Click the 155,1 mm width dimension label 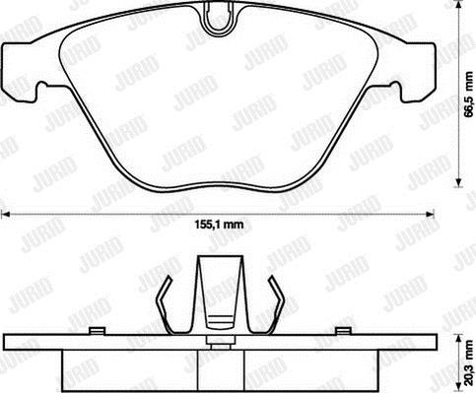219,225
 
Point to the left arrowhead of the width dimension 6,215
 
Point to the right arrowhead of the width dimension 430,215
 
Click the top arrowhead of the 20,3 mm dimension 459,339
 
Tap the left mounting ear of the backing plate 19,71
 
